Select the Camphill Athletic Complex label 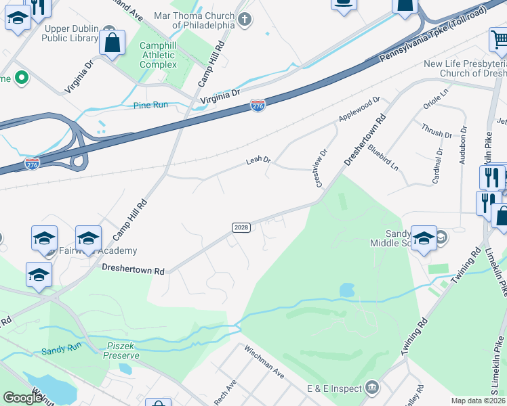pyautogui.click(x=158, y=55)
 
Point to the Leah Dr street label pyautogui.click(x=258, y=160)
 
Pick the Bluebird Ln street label pyautogui.click(x=383, y=158)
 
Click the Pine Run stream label pyautogui.click(x=150, y=105)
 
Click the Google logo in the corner pyautogui.click(x=23, y=398)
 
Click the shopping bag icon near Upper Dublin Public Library pyautogui.click(x=113, y=43)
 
